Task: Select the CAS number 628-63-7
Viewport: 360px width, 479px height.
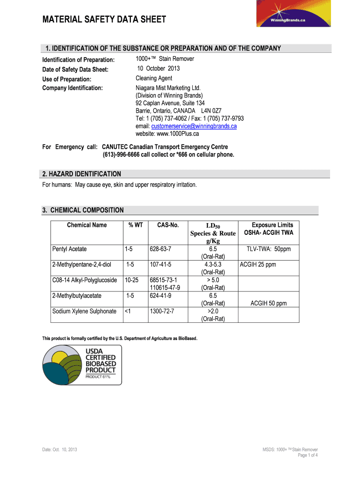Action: (161, 249)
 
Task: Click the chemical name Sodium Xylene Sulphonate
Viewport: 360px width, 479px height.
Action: (84, 311)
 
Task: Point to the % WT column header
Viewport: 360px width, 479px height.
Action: (136, 225)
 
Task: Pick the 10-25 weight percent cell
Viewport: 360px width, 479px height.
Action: (132, 280)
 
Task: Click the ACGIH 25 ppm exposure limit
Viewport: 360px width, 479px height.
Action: (258, 265)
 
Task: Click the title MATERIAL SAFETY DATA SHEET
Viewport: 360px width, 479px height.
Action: (104, 20)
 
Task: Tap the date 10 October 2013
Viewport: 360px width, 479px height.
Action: (158, 69)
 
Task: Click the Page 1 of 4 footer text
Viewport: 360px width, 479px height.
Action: (308, 456)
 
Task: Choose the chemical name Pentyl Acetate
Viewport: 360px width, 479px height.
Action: (69, 249)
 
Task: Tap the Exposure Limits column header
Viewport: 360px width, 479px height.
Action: (273, 225)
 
